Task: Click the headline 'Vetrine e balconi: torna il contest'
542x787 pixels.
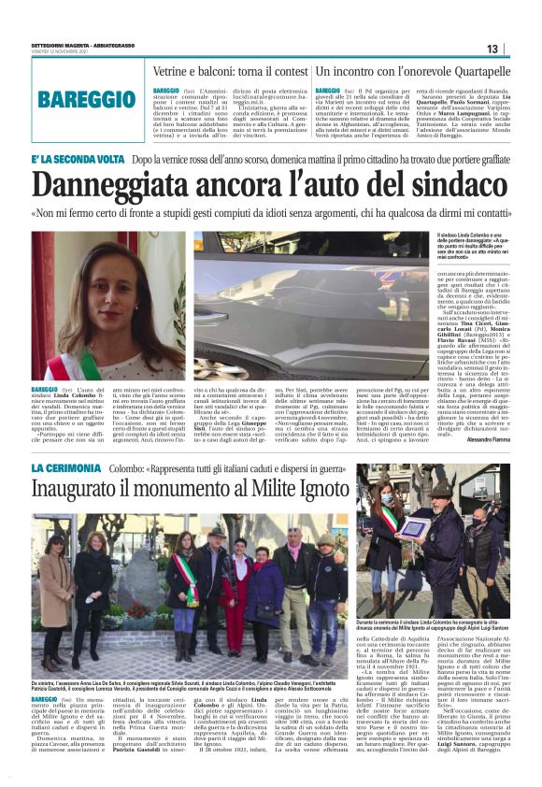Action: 229,71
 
